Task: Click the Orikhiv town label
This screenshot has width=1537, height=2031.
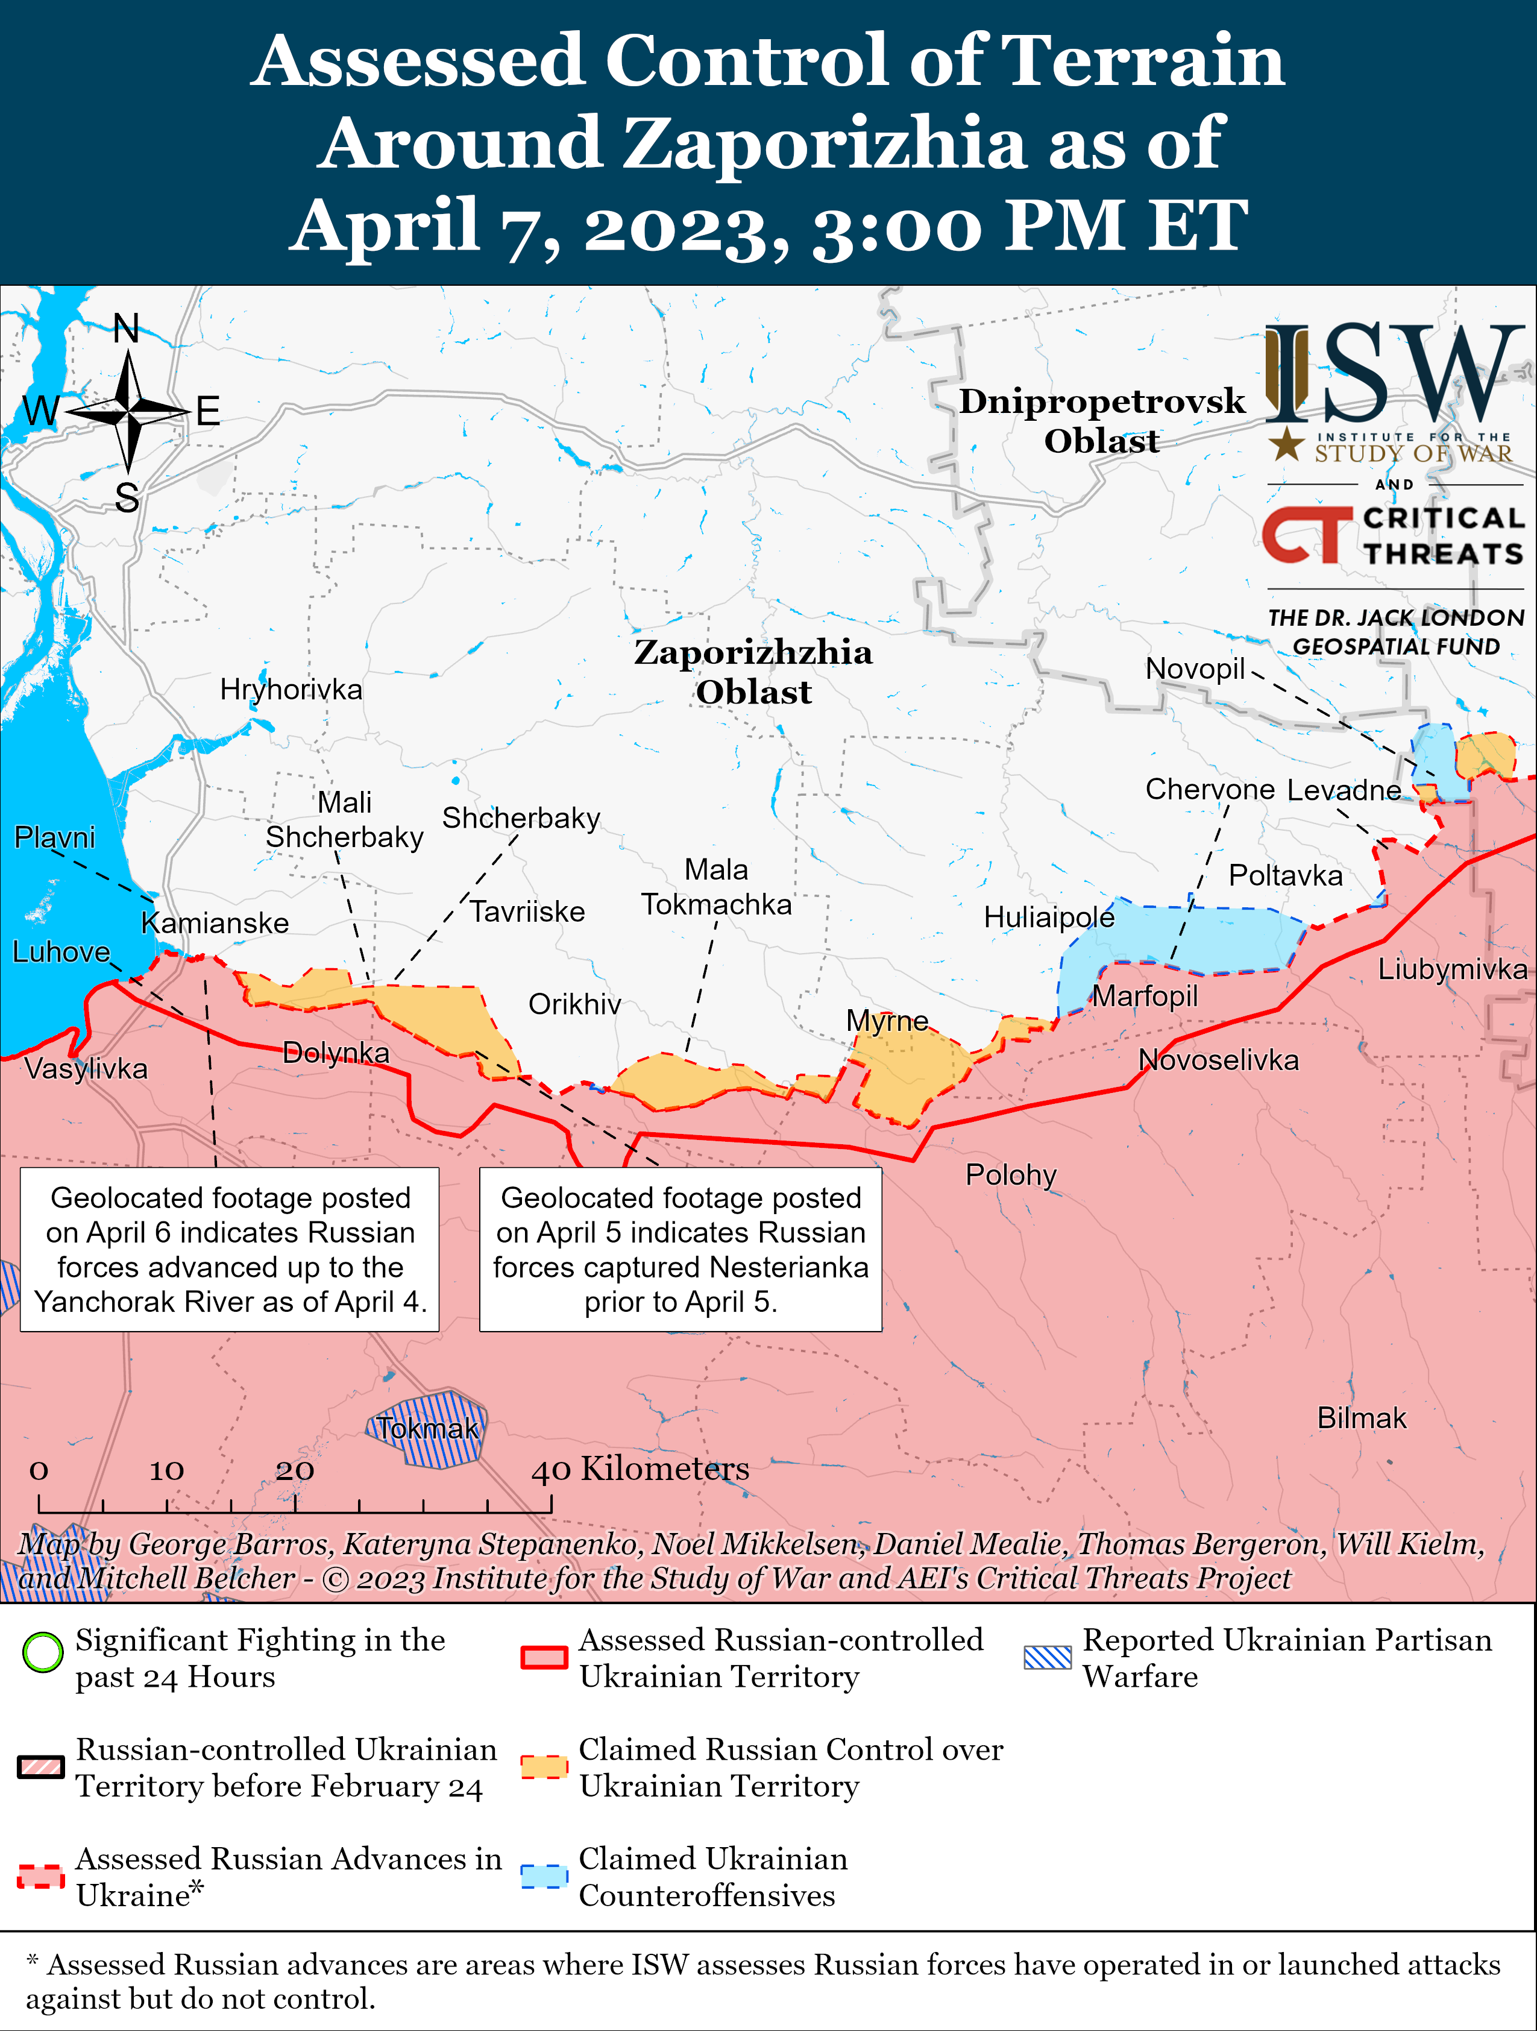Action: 575,1004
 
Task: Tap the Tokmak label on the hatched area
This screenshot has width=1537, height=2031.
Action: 428,1429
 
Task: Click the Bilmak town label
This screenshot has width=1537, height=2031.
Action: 1362,1418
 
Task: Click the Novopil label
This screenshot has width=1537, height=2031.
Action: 1195,669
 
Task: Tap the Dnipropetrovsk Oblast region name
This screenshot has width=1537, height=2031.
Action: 1102,421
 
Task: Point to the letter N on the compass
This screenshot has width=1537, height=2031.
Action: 127,328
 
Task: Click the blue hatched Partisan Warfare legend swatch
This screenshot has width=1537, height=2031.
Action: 1048,1657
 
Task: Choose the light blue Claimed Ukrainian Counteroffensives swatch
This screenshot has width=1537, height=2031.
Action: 544,1876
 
